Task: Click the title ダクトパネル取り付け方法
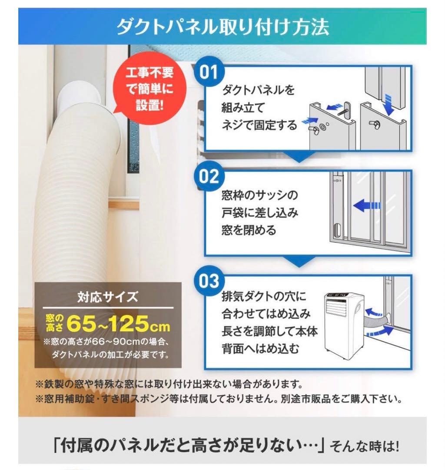[222, 27]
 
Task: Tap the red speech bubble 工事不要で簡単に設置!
[150, 90]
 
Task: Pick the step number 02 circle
[209, 177]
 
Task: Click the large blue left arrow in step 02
[367, 205]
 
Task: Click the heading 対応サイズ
[108, 297]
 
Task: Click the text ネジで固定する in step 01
[259, 125]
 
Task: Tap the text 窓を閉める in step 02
[249, 230]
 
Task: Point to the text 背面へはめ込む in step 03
[261, 349]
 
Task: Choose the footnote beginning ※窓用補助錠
[219, 399]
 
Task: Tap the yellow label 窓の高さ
[55, 323]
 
